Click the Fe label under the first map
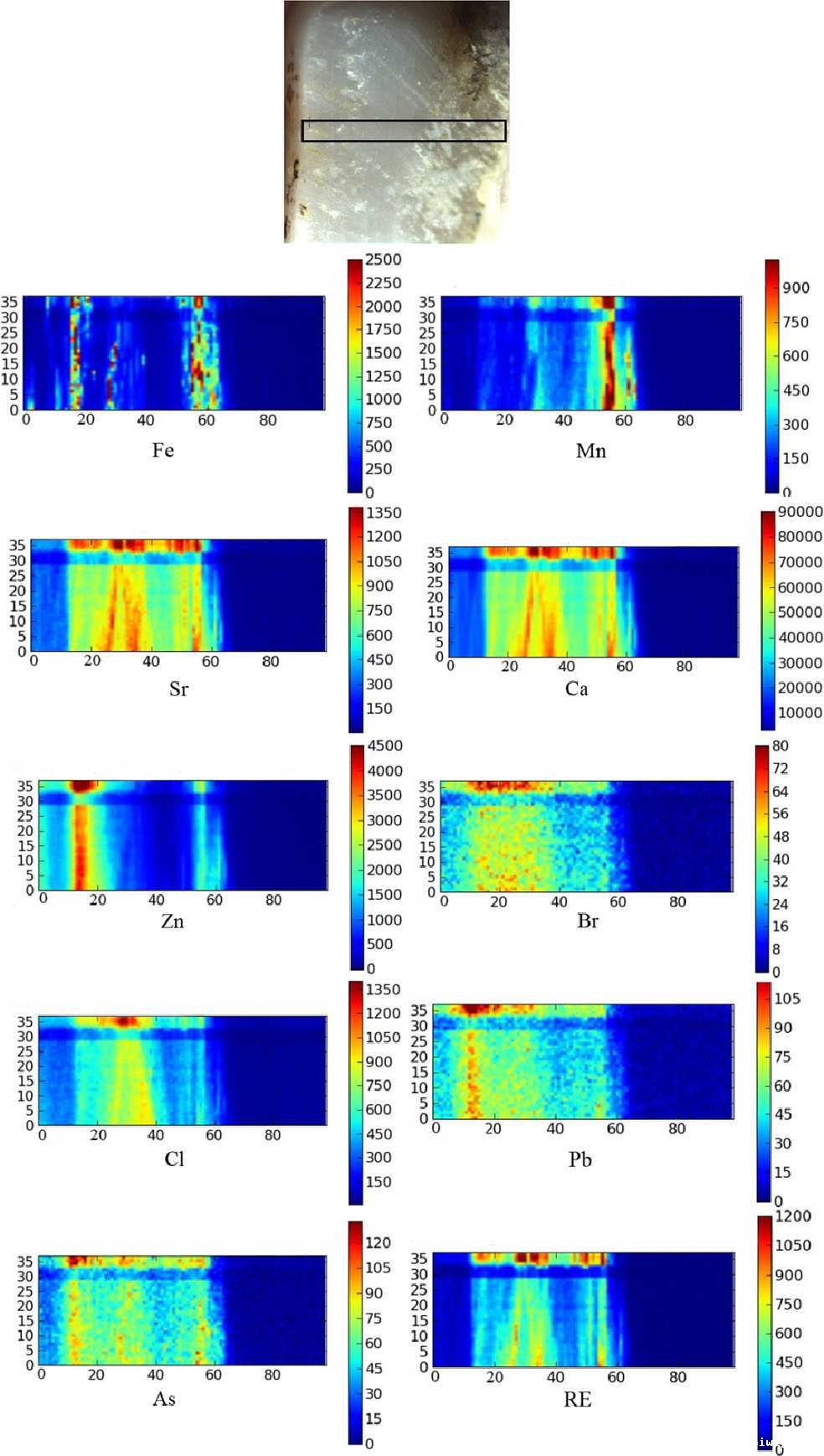coord(163,451)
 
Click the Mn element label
coord(590,451)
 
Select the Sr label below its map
coord(178,689)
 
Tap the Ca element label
coord(576,689)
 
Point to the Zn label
coord(172,922)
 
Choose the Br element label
coord(588,922)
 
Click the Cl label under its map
coord(174,1159)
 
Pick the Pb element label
coord(580,1159)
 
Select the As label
coord(164,1399)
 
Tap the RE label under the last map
coord(578,1400)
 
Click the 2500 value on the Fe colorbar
coord(383,260)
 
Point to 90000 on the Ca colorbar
coord(800,512)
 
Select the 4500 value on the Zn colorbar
coord(384,746)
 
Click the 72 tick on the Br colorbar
coord(780,768)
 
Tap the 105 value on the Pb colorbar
coord(786,999)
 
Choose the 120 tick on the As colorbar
coord(378,1242)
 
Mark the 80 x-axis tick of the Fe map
coord(267,420)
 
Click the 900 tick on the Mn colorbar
coord(796,288)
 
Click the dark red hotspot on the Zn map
coord(81,786)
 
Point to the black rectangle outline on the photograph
coord(404,121)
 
